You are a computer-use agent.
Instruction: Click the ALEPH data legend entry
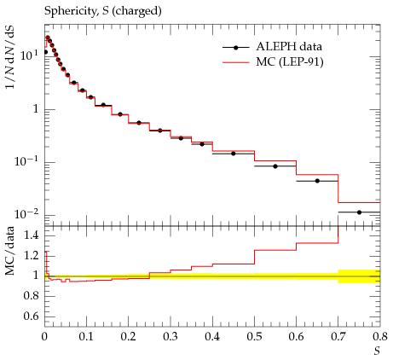pos(272,47)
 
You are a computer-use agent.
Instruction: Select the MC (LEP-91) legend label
pos(290,62)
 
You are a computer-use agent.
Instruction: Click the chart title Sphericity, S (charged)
pos(103,11)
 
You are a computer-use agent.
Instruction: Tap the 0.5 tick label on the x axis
pos(254,337)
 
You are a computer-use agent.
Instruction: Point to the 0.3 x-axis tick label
pos(170,337)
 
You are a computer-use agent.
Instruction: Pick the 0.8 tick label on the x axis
pos(380,337)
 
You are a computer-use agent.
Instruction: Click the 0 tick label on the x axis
pos(44,337)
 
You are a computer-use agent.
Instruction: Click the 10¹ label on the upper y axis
pos(29,55)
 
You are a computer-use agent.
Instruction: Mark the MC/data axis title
pos(10,251)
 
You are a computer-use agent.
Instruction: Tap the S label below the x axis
pos(377,351)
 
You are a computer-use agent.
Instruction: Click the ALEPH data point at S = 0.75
pos(359,212)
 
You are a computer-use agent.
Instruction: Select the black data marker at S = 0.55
pos(275,166)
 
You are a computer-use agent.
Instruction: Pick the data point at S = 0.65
pos(317,181)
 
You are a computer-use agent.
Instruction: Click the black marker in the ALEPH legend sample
pos(235,48)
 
